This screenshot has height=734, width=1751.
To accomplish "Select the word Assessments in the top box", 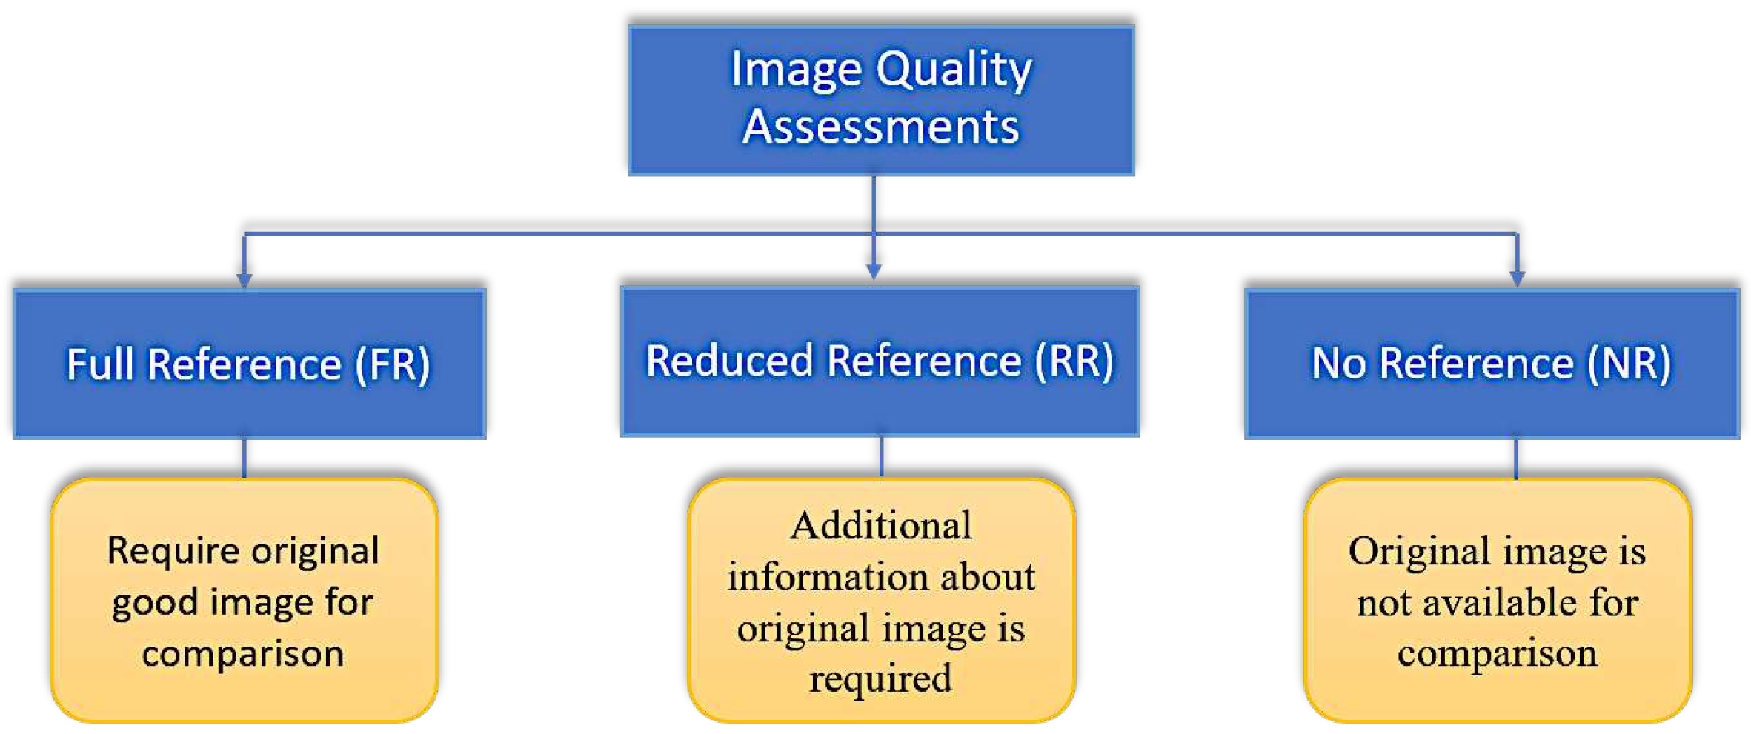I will click(x=880, y=127).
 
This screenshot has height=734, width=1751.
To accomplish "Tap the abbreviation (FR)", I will click(x=393, y=364).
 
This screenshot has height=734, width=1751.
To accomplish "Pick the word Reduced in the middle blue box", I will click(x=729, y=361).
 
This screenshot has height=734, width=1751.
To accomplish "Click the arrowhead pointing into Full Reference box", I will click(x=244, y=280).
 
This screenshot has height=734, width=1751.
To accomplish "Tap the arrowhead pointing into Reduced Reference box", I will click(x=874, y=272).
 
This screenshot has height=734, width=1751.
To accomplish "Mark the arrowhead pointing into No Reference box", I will click(x=1517, y=278).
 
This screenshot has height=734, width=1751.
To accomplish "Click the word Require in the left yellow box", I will click(x=172, y=552).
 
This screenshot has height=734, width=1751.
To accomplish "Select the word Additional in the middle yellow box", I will click(x=880, y=527).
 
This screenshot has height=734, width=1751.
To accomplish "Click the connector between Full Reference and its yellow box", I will click(x=244, y=458).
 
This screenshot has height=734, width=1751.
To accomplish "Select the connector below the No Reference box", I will click(x=1515, y=458).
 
